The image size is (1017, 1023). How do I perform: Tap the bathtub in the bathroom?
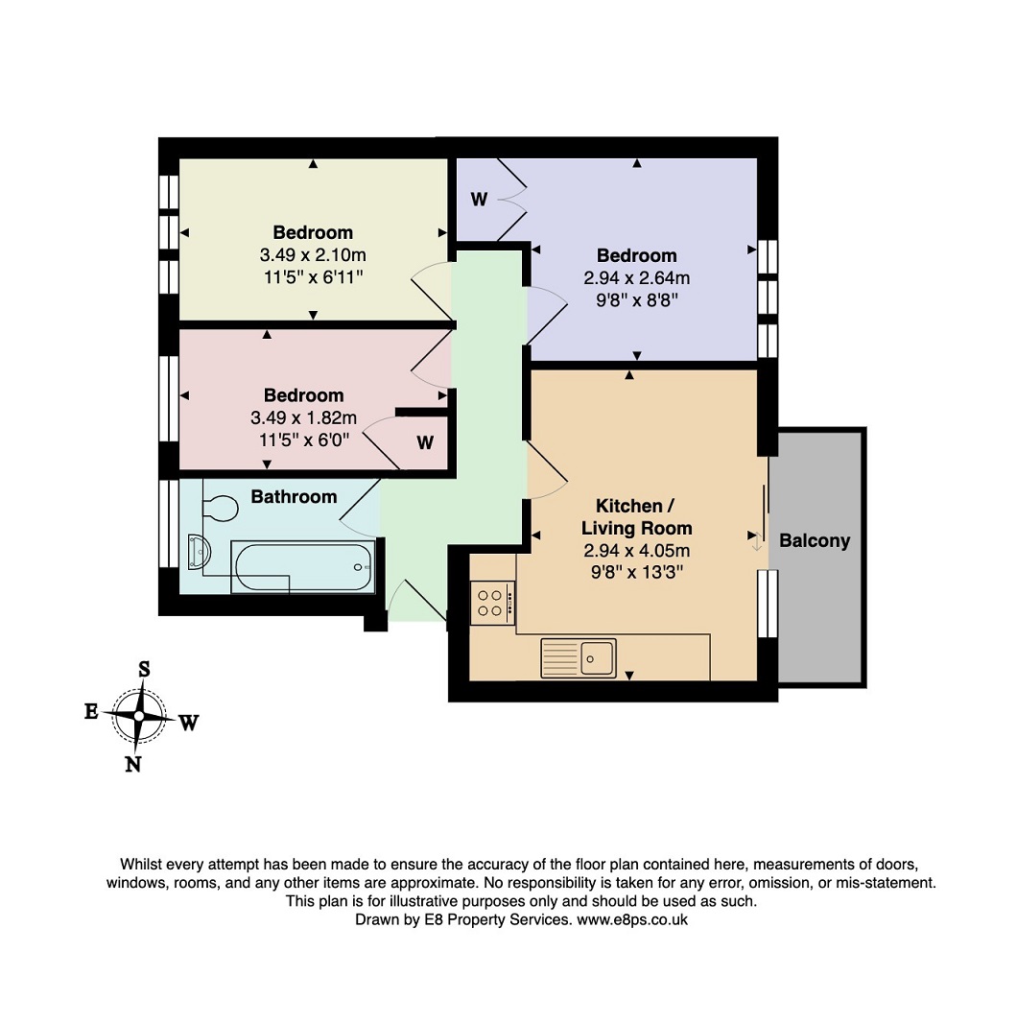click(303, 567)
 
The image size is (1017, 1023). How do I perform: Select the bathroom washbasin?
click(199, 551)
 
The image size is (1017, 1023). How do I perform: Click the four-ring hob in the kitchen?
click(492, 603)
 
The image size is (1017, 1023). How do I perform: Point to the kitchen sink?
click(579, 657)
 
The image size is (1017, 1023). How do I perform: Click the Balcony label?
click(815, 541)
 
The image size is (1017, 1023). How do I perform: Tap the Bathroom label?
click(295, 497)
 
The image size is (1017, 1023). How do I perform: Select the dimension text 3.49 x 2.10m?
click(313, 255)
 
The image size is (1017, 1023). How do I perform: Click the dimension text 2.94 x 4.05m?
click(637, 551)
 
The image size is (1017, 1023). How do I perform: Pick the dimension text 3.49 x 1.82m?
click(304, 417)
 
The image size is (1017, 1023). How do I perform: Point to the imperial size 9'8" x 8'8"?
click(637, 300)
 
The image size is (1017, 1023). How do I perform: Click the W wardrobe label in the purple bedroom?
click(479, 200)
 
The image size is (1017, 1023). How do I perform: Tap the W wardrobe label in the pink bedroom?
click(425, 443)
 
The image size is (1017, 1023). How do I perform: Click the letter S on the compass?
click(144, 670)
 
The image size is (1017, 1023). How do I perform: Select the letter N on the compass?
click(133, 764)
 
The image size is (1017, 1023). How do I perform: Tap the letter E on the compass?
click(91, 711)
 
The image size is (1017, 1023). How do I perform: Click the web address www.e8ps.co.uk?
click(632, 920)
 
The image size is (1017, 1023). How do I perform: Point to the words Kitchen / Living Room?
click(637, 517)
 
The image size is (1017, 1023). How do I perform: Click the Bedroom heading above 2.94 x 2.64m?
click(637, 255)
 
